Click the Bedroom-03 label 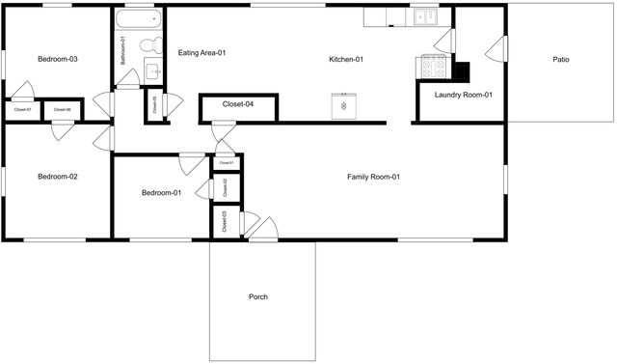[x=57, y=60]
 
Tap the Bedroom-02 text [x=57, y=177]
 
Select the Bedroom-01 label [x=162, y=193]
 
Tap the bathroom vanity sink [x=152, y=70]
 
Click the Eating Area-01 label [x=201, y=53]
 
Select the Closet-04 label [x=237, y=103]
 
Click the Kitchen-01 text [x=345, y=60]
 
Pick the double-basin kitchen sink [x=424, y=16]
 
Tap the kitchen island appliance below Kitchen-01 [x=344, y=105]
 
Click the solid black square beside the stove [x=462, y=71]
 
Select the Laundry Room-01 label [x=464, y=95]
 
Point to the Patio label [x=560, y=60]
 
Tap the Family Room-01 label [x=373, y=177]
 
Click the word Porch [x=257, y=296]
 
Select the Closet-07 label [x=23, y=110]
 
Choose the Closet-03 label [x=225, y=221]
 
